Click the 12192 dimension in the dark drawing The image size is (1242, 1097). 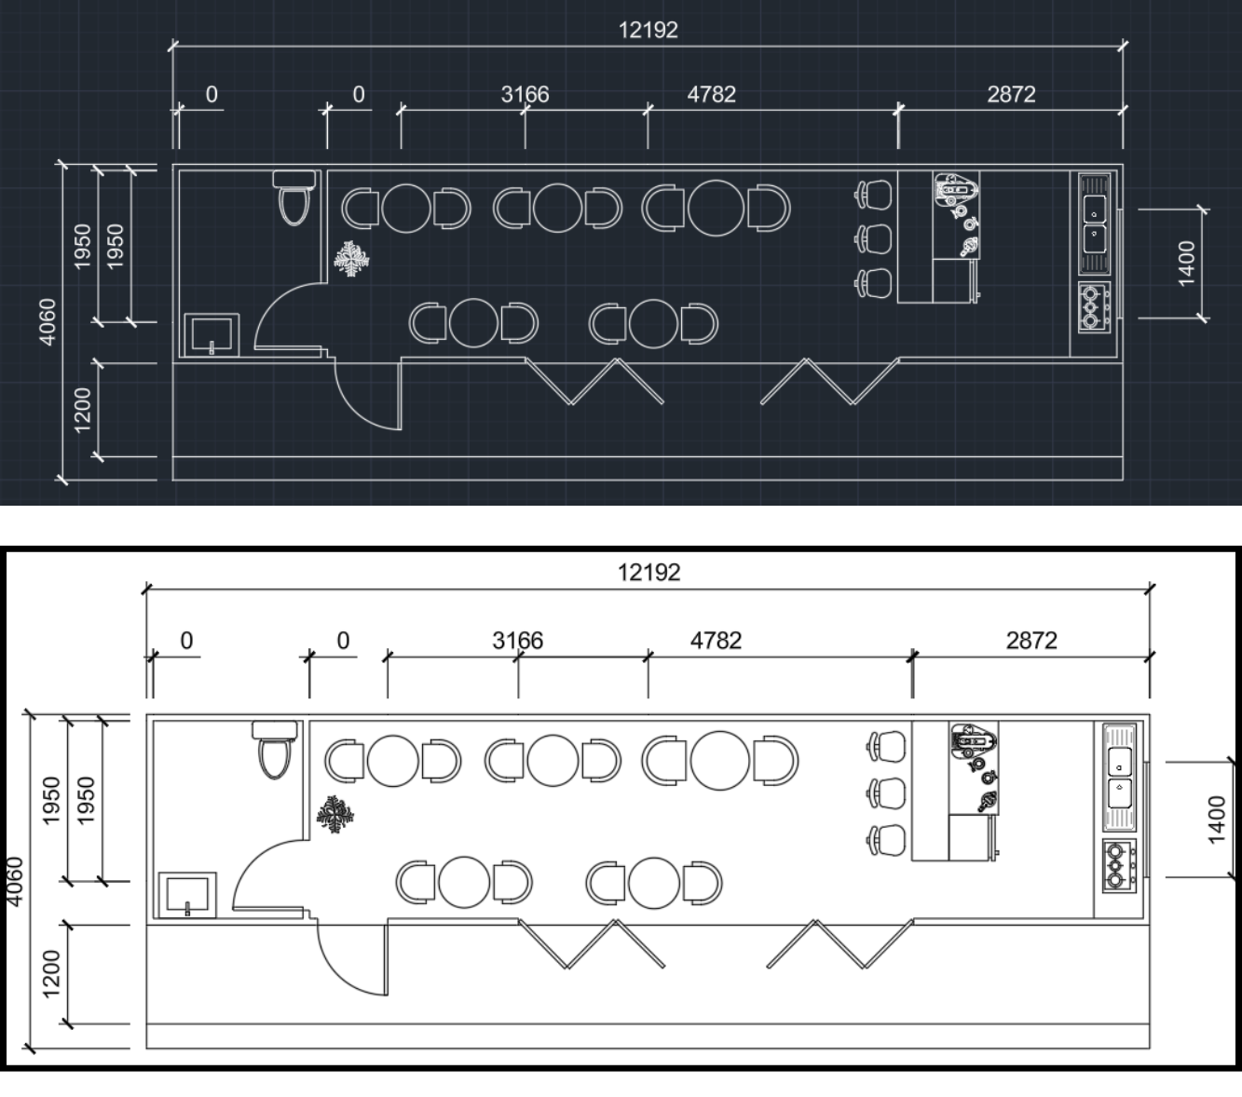(648, 30)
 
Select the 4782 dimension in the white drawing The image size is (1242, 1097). (716, 641)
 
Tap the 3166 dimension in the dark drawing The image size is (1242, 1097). (525, 94)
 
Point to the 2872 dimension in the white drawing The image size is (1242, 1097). (1031, 641)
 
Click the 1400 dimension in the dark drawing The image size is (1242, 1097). (1186, 264)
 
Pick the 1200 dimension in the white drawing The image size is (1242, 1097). (51, 973)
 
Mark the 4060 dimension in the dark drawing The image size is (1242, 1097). (47, 321)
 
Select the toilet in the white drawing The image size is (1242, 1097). (275, 750)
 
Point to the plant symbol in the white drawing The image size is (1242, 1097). (334, 816)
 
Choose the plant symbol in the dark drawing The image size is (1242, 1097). (352, 259)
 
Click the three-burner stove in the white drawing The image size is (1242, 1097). (1119, 866)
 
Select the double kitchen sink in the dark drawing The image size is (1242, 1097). (1094, 223)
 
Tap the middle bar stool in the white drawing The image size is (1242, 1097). (886, 793)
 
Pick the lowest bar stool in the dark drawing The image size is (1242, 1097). (874, 282)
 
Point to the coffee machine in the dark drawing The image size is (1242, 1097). (956, 190)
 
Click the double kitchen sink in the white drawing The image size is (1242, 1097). (1119, 777)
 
